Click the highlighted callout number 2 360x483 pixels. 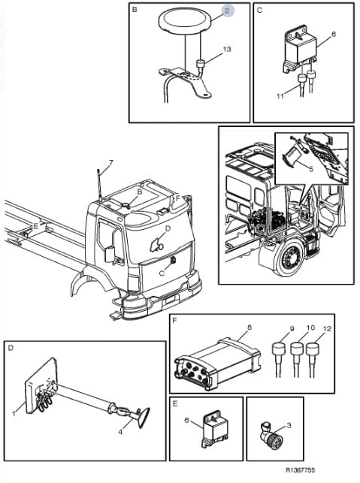pyautogui.click(x=227, y=11)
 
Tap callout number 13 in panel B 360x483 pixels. pyautogui.click(x=227, y=49)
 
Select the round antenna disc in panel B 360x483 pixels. pyautogui.click(x=185, y=20)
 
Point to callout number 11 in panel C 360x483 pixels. pyautogui.click(x=280, y=96)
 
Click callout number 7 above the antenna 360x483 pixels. pyautogui.click(x=110, y=162)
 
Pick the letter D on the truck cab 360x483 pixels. pyautogui.click(x=168, y=228)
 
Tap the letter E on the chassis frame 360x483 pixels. pyautogui.click(x=36, y=226)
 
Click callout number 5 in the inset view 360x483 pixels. pyautogui.click(x=311, y=169)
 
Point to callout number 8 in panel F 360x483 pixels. pyautogui.click(x=250, y=328)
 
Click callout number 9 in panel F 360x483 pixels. pyautogui.click(x=292, y=329)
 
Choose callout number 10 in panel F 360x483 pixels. pyautogui.click(x=310, y=328)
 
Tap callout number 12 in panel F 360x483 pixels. pyautogui.click(x=327, y=329)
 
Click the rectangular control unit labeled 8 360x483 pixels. pyautogui.click(x=217, y=364)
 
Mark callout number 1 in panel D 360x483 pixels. pyautogui.click(x=14, y=414)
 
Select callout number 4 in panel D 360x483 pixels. pyautogui.click(x=120, y=432)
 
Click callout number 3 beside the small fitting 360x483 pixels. pyautogui.click(x=289, y=425)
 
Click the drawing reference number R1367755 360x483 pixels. pyautogui.click(x=301, y=470)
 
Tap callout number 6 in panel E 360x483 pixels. pyautogui.click(x=186, y=420)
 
